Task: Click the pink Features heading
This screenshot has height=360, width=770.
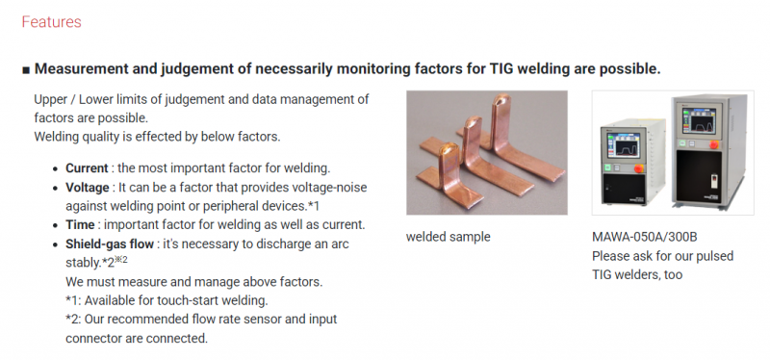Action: [52, 22]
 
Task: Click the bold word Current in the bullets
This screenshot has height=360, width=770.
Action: [87, 167]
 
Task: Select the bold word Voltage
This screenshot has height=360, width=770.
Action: [88, 188]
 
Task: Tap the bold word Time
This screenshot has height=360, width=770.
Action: [80, 225]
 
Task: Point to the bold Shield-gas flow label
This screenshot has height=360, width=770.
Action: [110, 244]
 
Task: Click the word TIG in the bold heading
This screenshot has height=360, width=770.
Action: [501, 68]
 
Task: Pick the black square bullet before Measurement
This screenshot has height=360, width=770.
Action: [26, 69]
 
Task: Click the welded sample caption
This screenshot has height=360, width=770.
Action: [448, 237]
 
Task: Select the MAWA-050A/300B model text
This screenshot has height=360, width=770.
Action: [644, 237]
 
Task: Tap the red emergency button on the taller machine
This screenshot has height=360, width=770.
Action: [714, 144]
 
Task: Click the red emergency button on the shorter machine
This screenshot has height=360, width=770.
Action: [639, 168]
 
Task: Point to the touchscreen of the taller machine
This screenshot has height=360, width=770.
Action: [699, 119]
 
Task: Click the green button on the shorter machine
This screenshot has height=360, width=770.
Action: [609, 167]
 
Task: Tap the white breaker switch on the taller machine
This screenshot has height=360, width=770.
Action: [714, 182]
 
